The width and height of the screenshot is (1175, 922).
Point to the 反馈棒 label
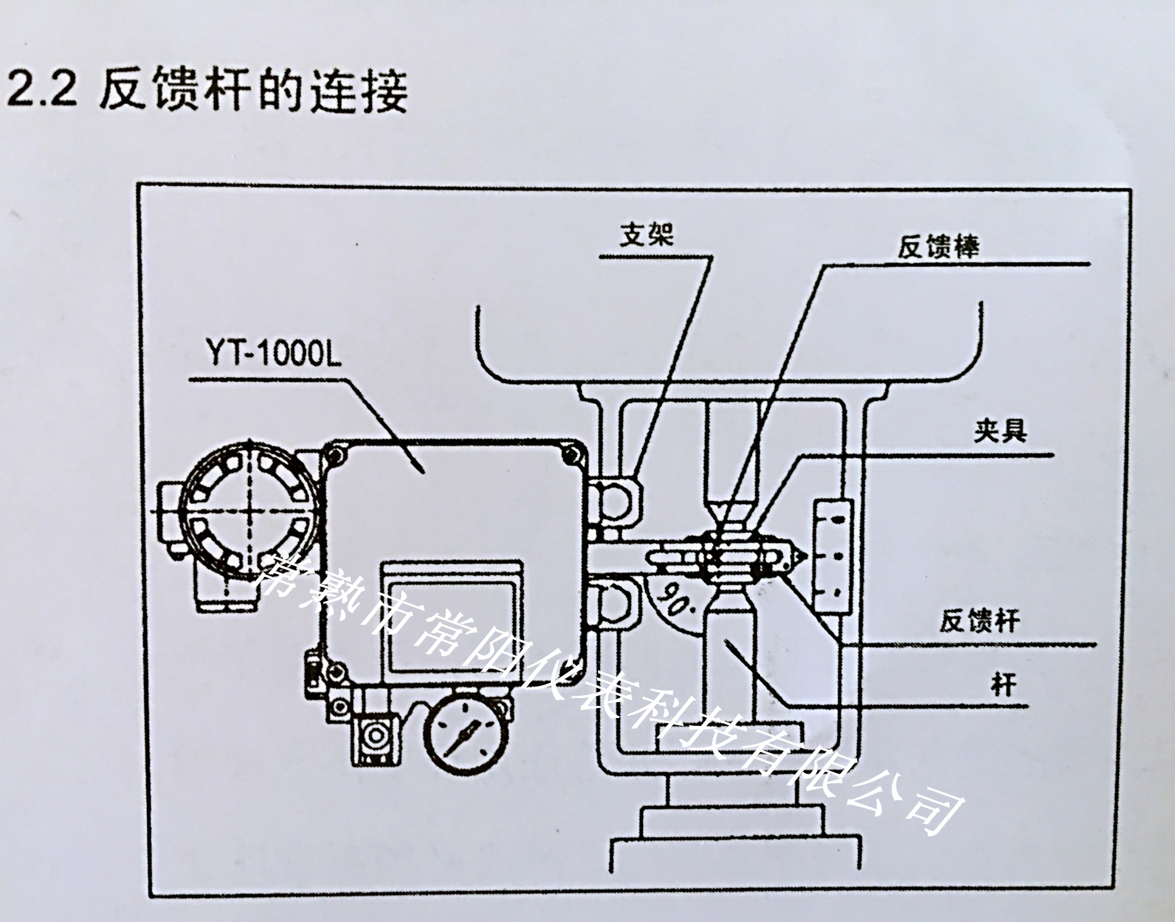pos(938,247)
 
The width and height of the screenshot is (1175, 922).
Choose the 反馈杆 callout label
pos(979,621)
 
